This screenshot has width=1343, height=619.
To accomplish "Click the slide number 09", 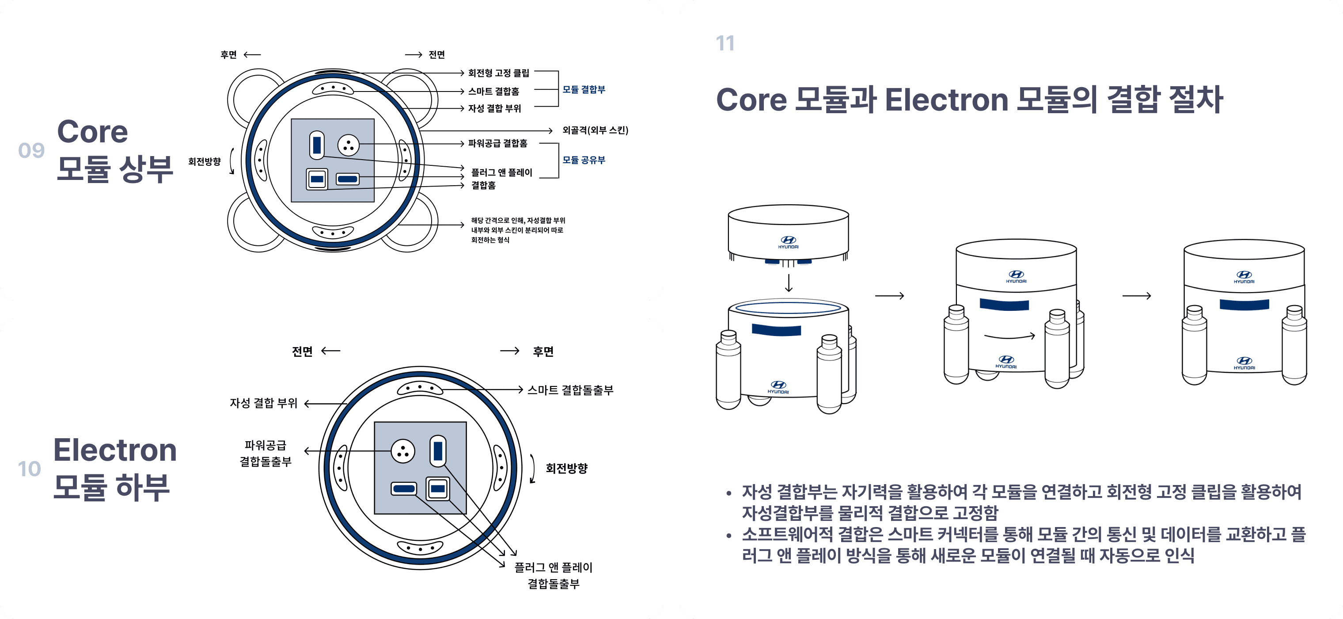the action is (x=31, y=151).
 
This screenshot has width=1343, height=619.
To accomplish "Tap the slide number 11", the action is (x=725, y=43).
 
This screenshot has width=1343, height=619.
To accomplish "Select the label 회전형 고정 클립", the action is (x=498, y=73).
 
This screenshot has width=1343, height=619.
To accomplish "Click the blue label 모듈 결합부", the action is (x=584, y=90).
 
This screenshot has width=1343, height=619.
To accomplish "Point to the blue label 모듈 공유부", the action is (x=584, y=160).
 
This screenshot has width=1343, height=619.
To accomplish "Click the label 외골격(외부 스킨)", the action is (x=595, y=130).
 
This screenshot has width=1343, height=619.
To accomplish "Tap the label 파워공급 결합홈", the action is (x=497, y=144).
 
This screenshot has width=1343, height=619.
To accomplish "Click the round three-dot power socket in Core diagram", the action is (x=348, y=145).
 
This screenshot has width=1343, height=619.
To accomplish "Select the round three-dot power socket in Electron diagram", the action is (x=403, y=451).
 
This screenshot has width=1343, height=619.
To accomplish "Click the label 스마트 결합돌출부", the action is (x=570, y=390).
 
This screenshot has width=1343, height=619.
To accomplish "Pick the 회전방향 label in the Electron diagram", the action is (x=566, y=468).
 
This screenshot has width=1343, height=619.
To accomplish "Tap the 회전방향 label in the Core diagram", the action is (x=205, y=162).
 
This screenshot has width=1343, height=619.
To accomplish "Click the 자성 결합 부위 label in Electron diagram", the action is (x=263, y=403).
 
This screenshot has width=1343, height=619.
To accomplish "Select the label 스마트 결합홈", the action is (x=493, y=92).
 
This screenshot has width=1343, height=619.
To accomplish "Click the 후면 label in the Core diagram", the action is (x=228, y=55).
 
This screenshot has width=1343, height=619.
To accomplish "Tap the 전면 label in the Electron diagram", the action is (x=302, y=351).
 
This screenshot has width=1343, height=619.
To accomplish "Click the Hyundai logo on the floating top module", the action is (x=788, y=241).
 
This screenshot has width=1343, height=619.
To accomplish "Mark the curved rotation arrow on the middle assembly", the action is (x=1009, y=336).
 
